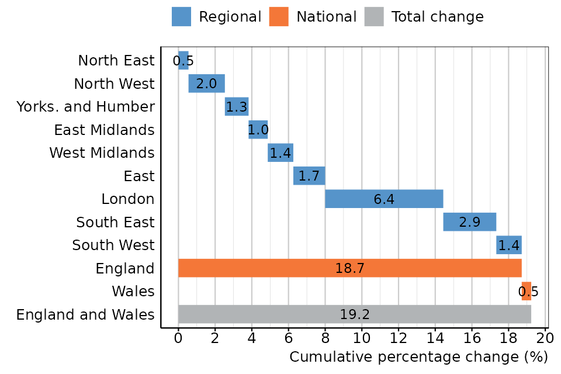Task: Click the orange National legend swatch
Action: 279,16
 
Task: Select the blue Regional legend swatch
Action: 181,16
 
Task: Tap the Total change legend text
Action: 437,17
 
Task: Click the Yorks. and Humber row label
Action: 85,107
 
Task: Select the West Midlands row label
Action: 102,153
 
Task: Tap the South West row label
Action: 113,245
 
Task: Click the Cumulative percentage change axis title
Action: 418,357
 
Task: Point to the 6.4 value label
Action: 384,199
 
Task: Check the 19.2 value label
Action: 355,314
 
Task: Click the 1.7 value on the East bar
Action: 309,176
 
